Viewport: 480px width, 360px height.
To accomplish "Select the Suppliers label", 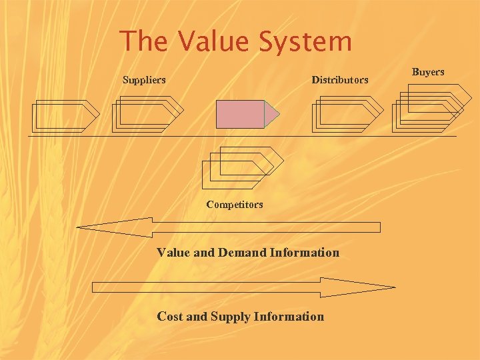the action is point(144,80).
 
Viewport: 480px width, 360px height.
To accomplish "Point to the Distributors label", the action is point(339,80).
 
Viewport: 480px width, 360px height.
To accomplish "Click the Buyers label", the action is point(428,71).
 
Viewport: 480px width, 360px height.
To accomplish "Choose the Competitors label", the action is point(235,205).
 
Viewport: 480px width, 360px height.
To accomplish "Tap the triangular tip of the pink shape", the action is point(272,114).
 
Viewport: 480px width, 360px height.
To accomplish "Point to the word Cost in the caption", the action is point(170,317).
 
